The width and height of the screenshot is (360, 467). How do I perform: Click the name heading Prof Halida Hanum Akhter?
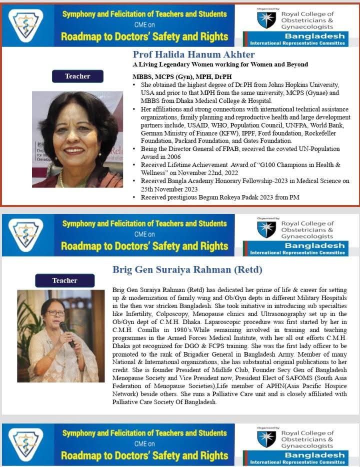[x=193, y=54]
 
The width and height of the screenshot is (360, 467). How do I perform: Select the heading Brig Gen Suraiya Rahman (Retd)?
[x=187, y=270]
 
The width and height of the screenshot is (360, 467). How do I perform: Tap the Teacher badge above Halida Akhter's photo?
[x=77, y=76]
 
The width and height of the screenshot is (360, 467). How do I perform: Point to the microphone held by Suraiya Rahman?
[x=67, y=333]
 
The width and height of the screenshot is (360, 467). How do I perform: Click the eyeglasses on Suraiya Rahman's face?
[x=56, y=313]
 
